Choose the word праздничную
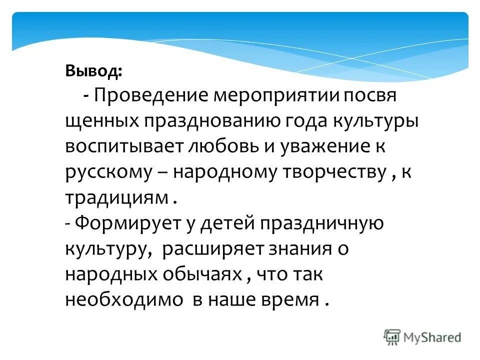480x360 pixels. click(321, 223)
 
